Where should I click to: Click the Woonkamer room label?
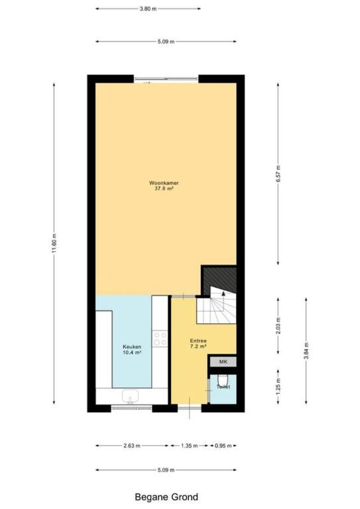[x=163, y=183]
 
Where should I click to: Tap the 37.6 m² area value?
[x=163, y=188]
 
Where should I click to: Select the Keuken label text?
[x=132, y=347]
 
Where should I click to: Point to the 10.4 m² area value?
[x=132, y=352]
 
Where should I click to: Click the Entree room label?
[x=198, y=341]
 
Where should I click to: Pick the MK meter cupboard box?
[x=223, y=361]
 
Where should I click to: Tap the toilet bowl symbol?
[x=223, y=380]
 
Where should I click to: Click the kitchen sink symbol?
[x=130, y=396]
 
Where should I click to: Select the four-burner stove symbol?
[x=160, y=338]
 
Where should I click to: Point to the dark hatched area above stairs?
[x=219, y=279]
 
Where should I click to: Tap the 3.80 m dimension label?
[x=148, y=9]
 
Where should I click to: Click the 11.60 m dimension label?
[x=54, y=244]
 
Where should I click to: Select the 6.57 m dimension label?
[x=278, y=174]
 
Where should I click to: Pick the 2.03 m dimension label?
[x=278, y=326]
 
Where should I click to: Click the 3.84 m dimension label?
[x=306, y=351]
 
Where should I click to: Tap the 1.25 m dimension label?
[x=278, y=387]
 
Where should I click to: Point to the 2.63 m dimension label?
[x=132, y=446]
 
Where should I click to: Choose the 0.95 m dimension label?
[x=223, y=446]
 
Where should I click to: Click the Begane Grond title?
[x=166, y=497]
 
